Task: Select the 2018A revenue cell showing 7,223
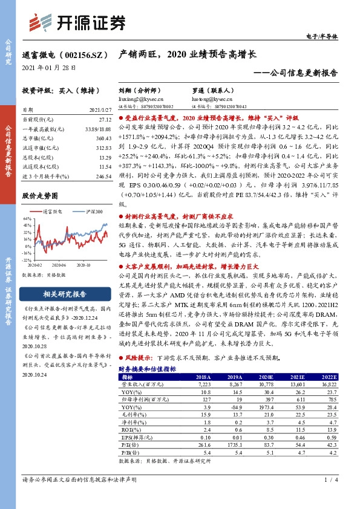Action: coord(202,383)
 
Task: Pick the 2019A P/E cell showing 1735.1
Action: coord(234,443)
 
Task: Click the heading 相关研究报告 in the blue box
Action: coord(61,294)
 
